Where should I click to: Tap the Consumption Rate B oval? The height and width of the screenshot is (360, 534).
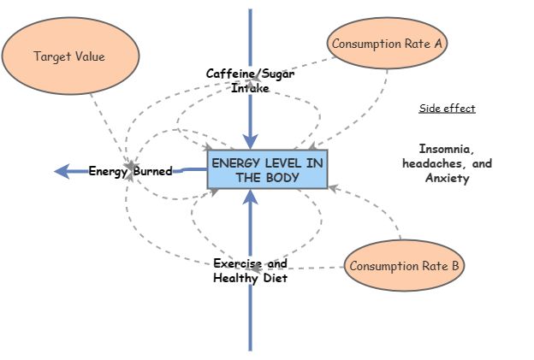click(404, 266)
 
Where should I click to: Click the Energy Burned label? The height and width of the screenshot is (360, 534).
click(130, 171)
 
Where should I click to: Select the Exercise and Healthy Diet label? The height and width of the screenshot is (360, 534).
click(250, 270)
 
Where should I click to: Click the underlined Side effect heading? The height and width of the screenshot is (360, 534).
click(447, 109)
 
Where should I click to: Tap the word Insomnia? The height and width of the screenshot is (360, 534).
click(446, 148)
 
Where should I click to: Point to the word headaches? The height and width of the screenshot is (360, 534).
click(432, 163)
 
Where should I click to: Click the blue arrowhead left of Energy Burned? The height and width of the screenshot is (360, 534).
click(62, 171)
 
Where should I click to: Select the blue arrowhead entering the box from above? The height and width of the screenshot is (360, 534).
click(250, 142)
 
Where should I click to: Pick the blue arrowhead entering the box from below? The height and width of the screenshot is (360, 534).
click(250, 198)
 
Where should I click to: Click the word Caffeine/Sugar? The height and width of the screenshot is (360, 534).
click(250, 74)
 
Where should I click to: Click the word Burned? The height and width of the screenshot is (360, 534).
click(152, 171)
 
